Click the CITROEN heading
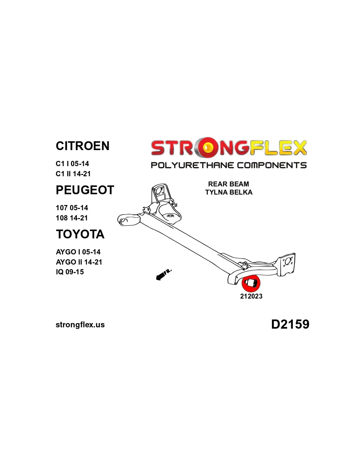click(x=82, y=146)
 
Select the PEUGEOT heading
click(x=85, y=190)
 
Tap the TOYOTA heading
click(x=80, y=234)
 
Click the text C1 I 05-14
click(x=72, y=164)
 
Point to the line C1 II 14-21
click(x=73, y=174)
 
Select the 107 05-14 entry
click(x=72, y=208)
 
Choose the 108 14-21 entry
click(x=72, y=218)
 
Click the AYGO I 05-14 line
click(x=78, y=252)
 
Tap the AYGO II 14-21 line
click(x=79, y=262)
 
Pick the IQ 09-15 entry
click(x=70, y=272)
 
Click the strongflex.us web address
click(x=80, y=325)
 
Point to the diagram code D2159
click(x=290, y=324)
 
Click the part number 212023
click(x=251, y=296)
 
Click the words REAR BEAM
click(x=228, y=184)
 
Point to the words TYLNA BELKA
click(x=229, y=192)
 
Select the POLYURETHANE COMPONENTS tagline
click(x=229, y=165)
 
